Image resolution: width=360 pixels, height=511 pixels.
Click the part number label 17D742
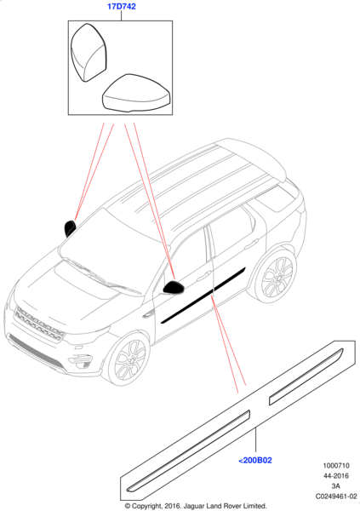tap(122, 6)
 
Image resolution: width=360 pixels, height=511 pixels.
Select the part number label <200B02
tap(255, 460)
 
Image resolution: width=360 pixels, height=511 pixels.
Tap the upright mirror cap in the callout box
tap(89, 52)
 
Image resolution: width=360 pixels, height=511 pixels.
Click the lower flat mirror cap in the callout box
tap(136, 93)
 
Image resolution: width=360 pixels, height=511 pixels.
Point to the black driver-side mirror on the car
tap(174, 288)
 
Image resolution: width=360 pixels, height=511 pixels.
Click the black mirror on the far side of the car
tap(70, 227)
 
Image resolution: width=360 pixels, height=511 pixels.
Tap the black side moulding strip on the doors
tap(203, 296)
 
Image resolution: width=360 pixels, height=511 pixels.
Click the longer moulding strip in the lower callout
tap(188, 451)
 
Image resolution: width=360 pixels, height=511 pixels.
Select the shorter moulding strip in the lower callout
tap(306, 376)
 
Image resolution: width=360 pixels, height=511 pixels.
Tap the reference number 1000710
tap(336, 466)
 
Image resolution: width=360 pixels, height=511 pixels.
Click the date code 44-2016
tap(336, 476)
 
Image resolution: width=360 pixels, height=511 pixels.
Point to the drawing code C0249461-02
tap(336, 497)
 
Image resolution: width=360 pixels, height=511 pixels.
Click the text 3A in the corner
tap(336, 486)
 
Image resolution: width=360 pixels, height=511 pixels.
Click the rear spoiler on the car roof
tap(257, 157)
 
